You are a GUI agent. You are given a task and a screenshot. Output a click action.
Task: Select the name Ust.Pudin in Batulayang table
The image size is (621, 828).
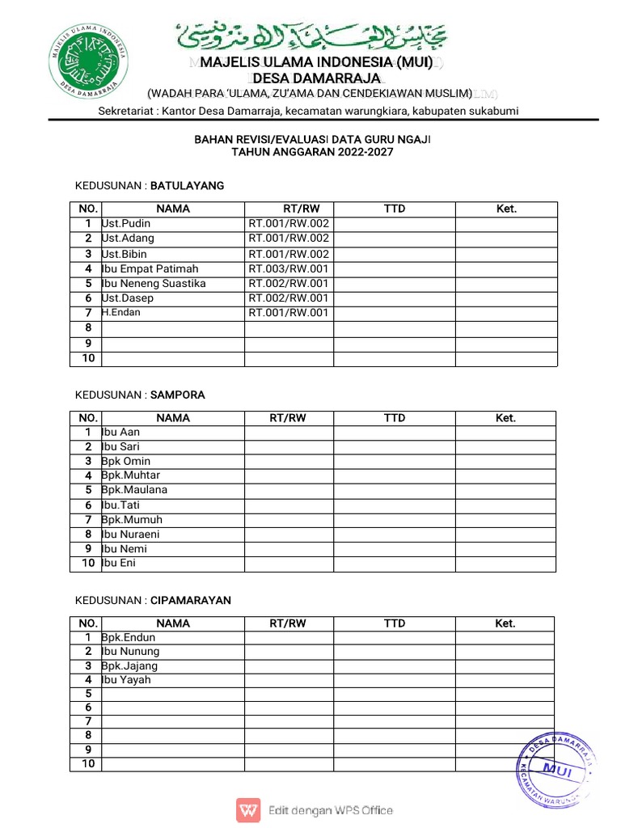126,223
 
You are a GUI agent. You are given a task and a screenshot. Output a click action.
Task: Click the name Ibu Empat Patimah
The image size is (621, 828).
150,268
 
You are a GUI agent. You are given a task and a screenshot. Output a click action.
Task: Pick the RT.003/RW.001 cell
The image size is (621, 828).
289,268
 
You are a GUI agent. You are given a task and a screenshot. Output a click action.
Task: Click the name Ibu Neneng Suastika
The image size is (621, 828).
154,283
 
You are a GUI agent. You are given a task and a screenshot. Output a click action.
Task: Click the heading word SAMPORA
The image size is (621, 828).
178,395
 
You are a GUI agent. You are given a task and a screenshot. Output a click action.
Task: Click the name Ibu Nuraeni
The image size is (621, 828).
131,534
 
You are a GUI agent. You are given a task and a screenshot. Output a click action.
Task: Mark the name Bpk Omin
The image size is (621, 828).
126,461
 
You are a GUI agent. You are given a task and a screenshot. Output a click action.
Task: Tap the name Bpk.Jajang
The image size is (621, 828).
129,666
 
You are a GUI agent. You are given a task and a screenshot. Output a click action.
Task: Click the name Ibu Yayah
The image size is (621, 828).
126,680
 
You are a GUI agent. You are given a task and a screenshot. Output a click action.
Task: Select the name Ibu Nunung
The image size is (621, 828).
130,651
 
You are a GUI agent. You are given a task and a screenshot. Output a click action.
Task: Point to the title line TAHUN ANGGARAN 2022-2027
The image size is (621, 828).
312,152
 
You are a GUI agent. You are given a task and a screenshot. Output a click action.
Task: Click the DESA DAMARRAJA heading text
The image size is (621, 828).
311,78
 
